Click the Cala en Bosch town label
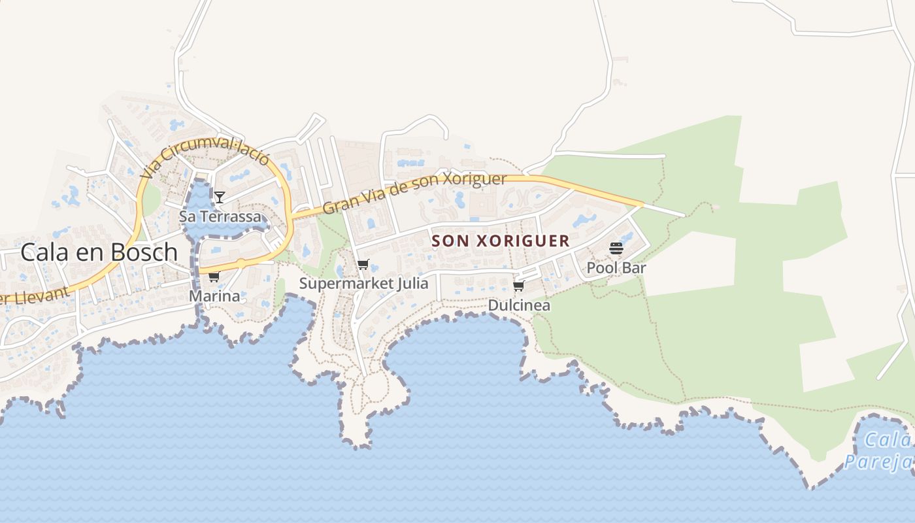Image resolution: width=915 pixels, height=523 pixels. [x=99, y=252]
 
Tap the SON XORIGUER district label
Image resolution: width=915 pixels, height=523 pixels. [x=501, y=241]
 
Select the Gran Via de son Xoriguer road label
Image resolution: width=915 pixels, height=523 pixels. [x=415, y=193]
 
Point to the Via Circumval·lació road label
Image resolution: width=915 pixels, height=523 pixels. [x=205, y=159]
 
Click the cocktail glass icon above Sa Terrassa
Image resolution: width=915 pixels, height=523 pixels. [x=220, y=197]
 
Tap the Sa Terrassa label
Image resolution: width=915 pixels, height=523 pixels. [x=220, y=216]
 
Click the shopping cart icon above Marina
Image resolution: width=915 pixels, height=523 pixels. [x=214, y=277]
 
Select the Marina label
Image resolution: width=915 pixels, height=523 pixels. [x=214, y=296]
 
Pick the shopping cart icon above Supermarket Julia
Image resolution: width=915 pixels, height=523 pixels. [x=363, y=264]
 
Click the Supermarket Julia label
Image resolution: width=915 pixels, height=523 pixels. [x=363, y=284]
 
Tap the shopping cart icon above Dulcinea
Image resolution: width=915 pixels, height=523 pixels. [x=519, y=286]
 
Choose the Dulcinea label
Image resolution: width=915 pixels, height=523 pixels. [x=519, y=305]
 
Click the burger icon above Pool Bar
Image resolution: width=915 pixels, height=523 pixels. [x=616, y=248]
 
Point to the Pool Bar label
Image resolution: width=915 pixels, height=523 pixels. [x=616, y=268]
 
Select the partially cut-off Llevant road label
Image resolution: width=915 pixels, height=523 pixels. [x=36, y=295]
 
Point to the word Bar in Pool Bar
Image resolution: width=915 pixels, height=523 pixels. [x=634, y=268]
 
